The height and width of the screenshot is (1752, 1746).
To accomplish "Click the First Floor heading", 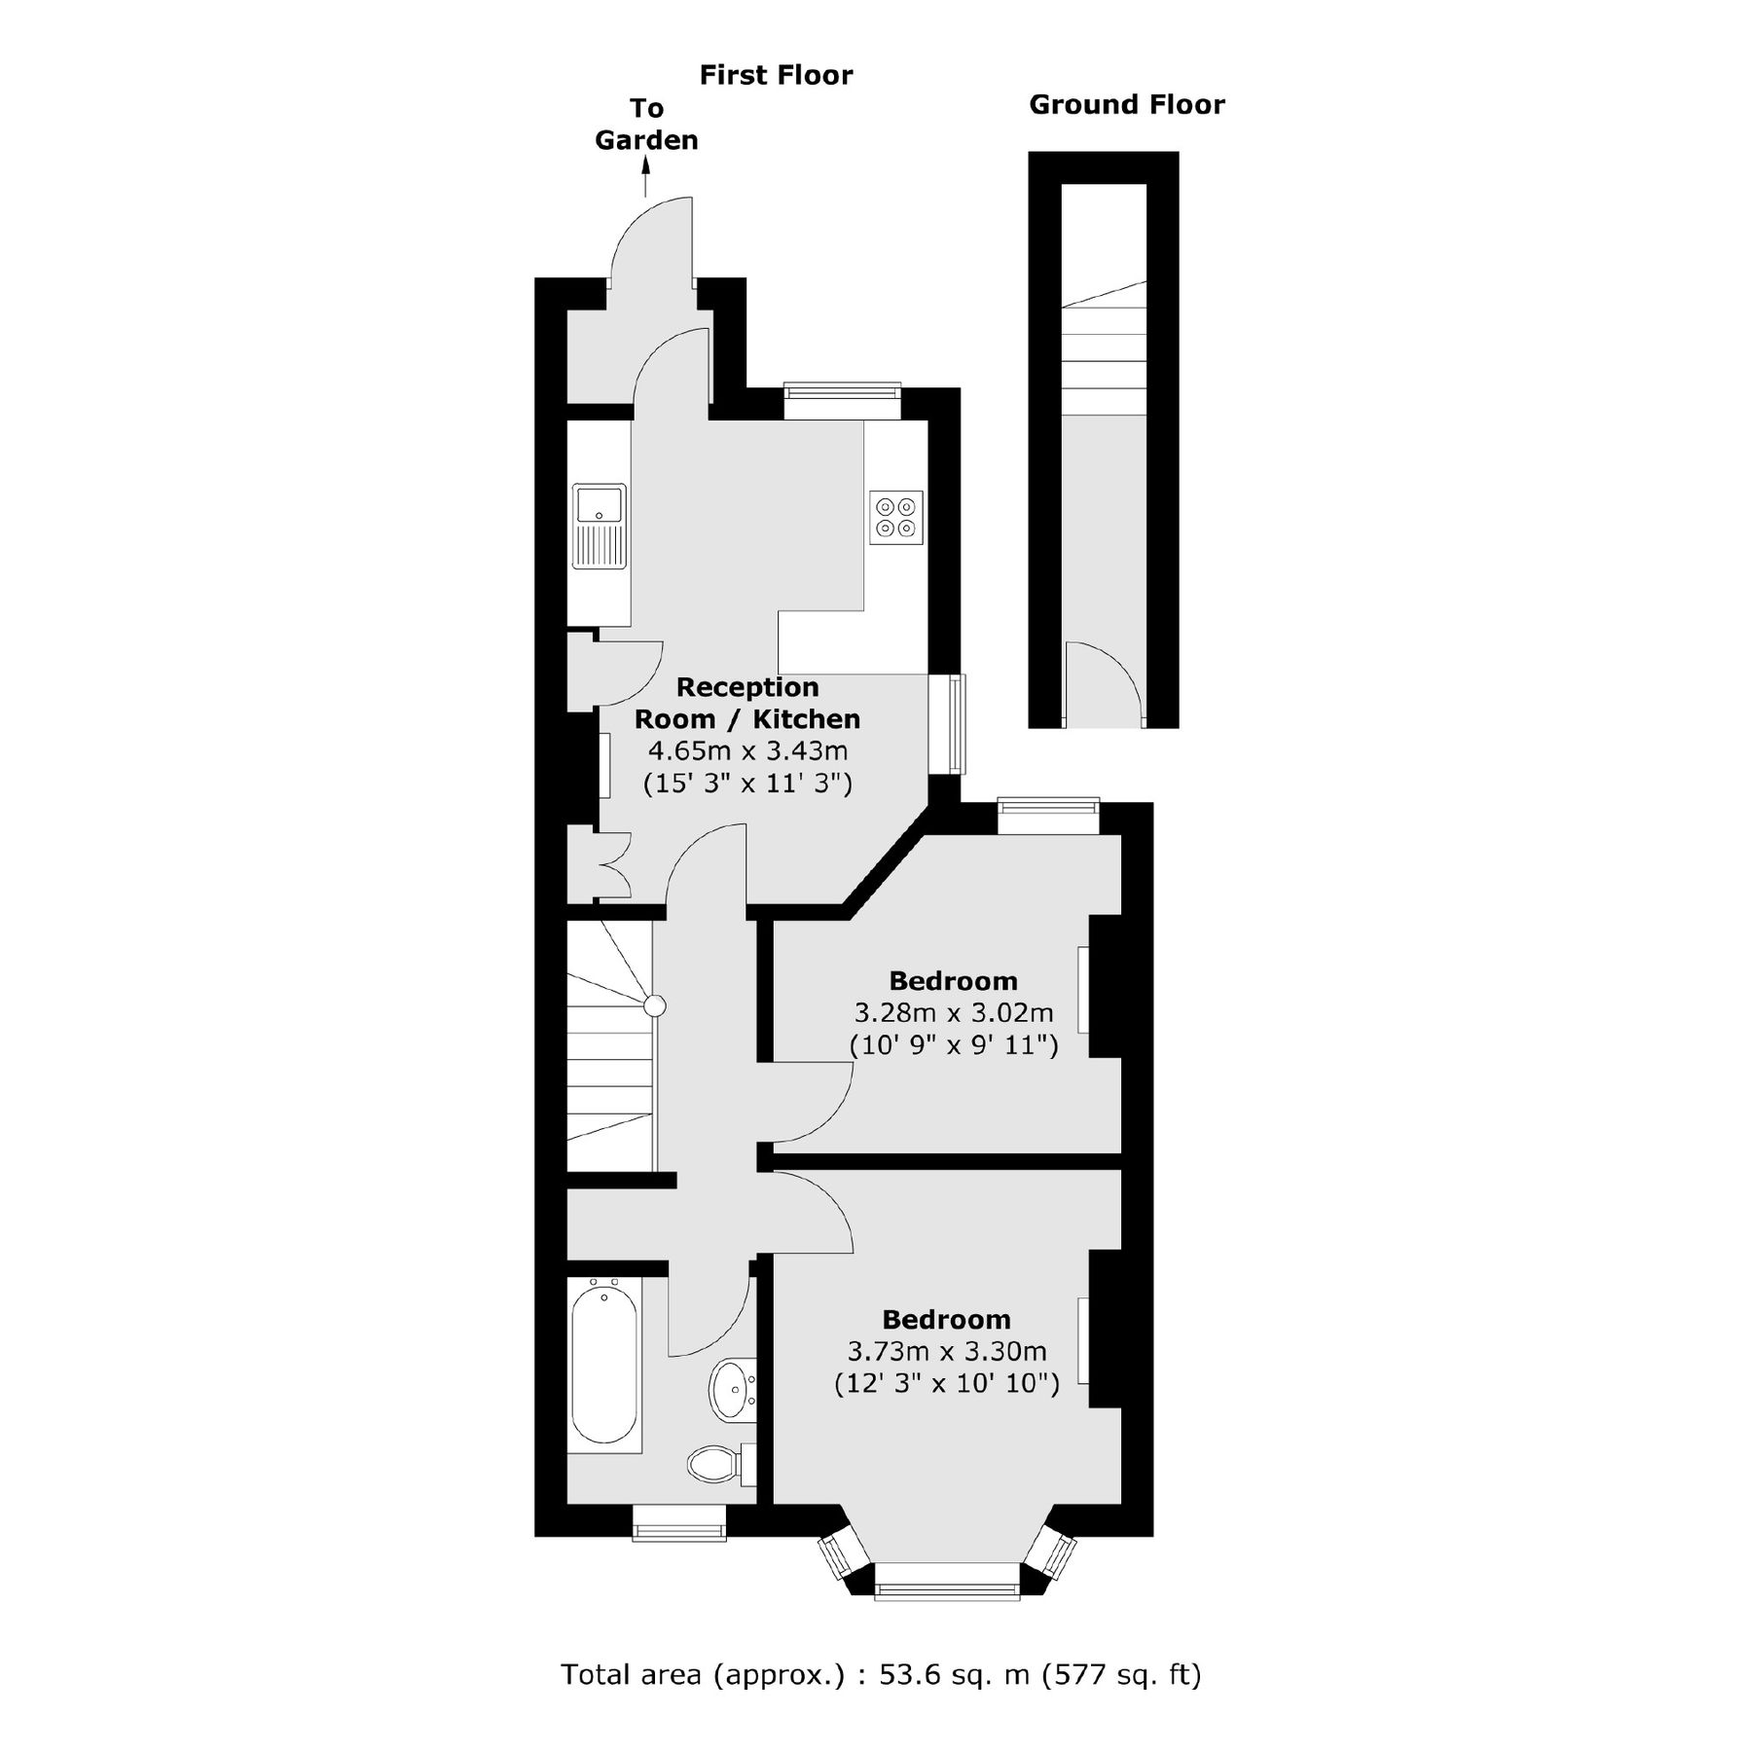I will pos(775,75).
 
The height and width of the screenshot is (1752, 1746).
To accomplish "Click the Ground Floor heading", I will pos(1126,105).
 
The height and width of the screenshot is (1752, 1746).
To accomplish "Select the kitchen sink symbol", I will pos(600,526).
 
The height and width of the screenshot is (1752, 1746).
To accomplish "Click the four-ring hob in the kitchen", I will pos(895,517).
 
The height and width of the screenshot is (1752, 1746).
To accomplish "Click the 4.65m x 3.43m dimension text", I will pos(747,750).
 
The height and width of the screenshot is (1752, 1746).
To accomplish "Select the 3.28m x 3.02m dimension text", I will pos(953,1013).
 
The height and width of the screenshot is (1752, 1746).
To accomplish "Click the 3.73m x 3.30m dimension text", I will pos(946,1352).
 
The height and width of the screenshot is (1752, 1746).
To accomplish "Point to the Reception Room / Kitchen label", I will pos(747,703).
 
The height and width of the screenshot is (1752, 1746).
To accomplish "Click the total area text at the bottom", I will pos(881,1674).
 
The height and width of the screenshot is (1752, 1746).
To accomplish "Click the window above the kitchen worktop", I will pos(842,400).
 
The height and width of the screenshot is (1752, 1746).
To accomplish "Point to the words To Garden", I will pos(646,124).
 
